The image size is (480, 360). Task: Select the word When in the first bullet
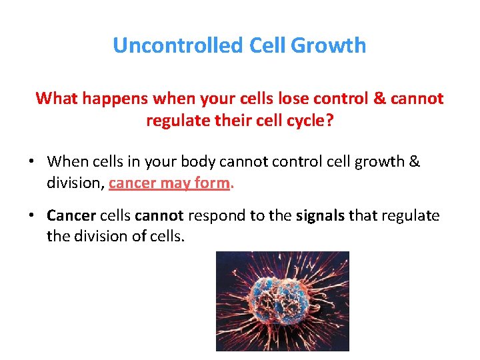pos(65,161)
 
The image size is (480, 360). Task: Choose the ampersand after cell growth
pos(414,161)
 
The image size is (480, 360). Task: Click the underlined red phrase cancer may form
pos(169,183)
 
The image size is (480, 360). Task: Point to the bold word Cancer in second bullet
pos(71,215)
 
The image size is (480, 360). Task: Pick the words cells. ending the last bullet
pos(165,236)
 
